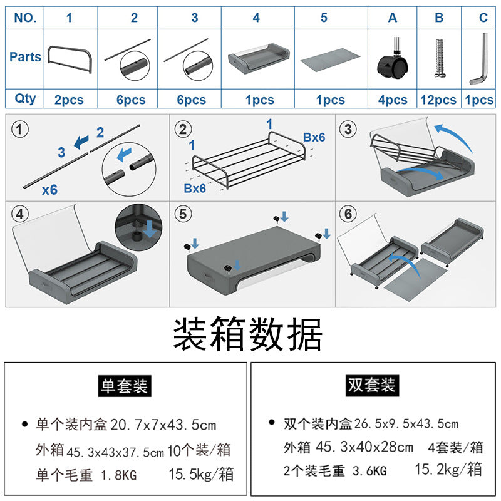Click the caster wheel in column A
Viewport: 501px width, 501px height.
coord(393,61)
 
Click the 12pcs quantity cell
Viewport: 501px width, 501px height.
coord(439,100)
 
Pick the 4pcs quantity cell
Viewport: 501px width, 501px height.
coord(393,100)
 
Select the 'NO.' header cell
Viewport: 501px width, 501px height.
coord(25,18)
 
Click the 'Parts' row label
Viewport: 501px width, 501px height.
coord(25,57)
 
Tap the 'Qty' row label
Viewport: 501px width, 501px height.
coord(25,98)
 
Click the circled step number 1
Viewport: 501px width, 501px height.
coord(21,130)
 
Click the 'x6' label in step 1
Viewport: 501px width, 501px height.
coord(49,189)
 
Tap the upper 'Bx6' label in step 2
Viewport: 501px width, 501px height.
coord(314,137)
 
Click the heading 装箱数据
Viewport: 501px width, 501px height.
coord(248,334)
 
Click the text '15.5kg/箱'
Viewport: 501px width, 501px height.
coord(201,474)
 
